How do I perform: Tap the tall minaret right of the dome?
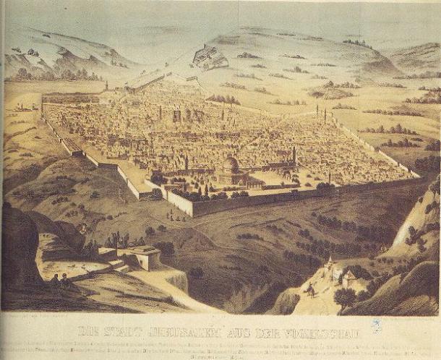[295, 155]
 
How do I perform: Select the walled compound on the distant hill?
[207, 56]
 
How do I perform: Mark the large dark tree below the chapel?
[345, 296]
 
